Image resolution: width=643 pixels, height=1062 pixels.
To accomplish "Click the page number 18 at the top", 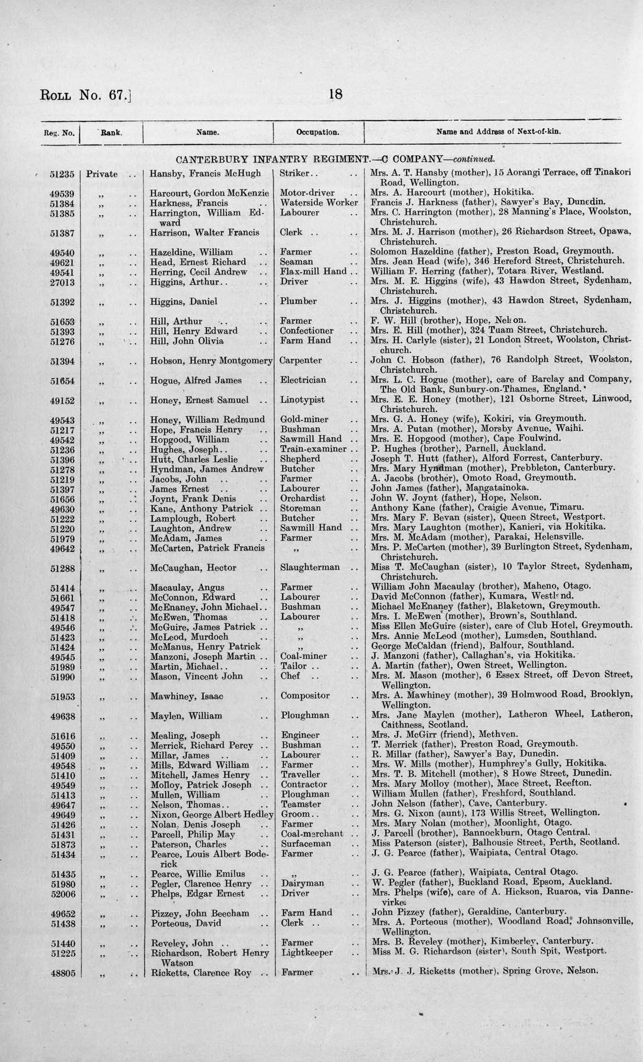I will click(335, 94).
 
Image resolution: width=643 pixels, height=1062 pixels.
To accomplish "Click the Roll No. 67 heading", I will click(85, 95).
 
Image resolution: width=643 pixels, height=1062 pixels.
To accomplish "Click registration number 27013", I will click(63, 282).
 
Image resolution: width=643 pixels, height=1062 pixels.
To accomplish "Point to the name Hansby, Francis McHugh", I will click(205, 173).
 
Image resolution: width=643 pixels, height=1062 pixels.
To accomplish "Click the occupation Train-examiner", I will click(313, 449).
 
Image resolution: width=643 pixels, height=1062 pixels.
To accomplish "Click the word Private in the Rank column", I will click(102, 174).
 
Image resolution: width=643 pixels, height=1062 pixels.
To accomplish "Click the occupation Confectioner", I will click(306, 331).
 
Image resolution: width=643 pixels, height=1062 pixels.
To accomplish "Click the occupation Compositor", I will click(305, 695).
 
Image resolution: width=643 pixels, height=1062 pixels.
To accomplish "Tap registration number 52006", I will click(63, 893).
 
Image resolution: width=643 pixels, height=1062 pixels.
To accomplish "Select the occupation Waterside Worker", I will click(319, 203).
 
